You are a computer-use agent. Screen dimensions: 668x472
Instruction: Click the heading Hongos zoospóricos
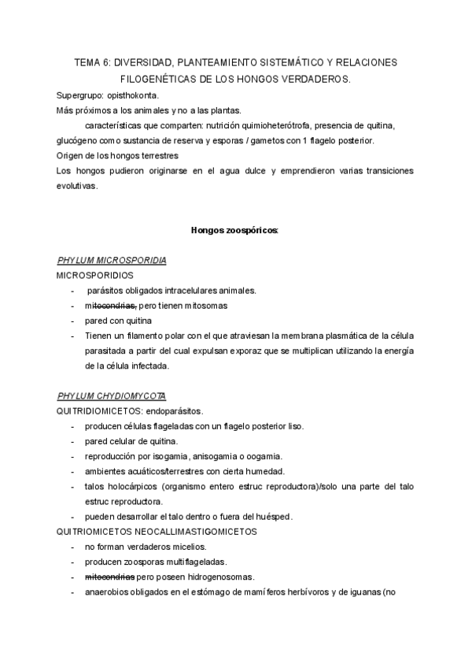click(235, 231)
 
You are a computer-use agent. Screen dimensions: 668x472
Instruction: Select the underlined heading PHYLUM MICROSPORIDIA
click(112, 260)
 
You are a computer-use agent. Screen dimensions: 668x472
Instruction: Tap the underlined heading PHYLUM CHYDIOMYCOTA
click(112, 395)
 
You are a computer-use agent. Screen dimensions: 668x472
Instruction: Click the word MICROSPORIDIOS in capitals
click(95, 275)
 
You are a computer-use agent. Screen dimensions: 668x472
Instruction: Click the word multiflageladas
click(190, 562)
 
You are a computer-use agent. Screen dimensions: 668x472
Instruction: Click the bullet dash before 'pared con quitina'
click(73, 321)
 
